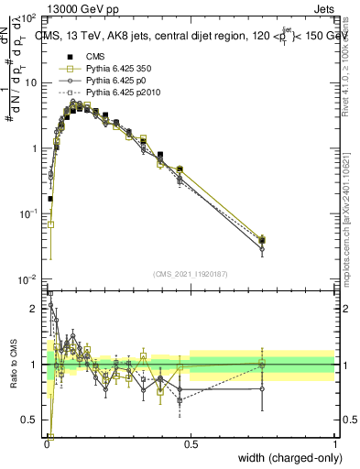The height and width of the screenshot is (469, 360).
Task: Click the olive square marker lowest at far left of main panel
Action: [51, 224]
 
